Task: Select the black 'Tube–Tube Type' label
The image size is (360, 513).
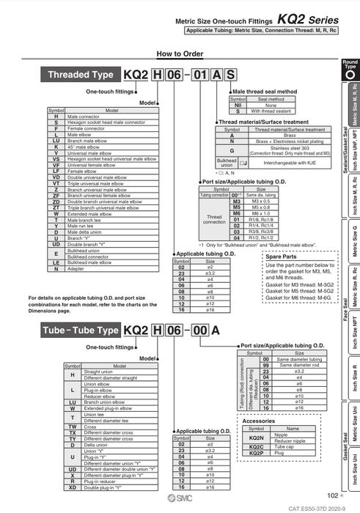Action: point(81,331)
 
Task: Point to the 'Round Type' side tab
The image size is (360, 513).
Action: point(350,69)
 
